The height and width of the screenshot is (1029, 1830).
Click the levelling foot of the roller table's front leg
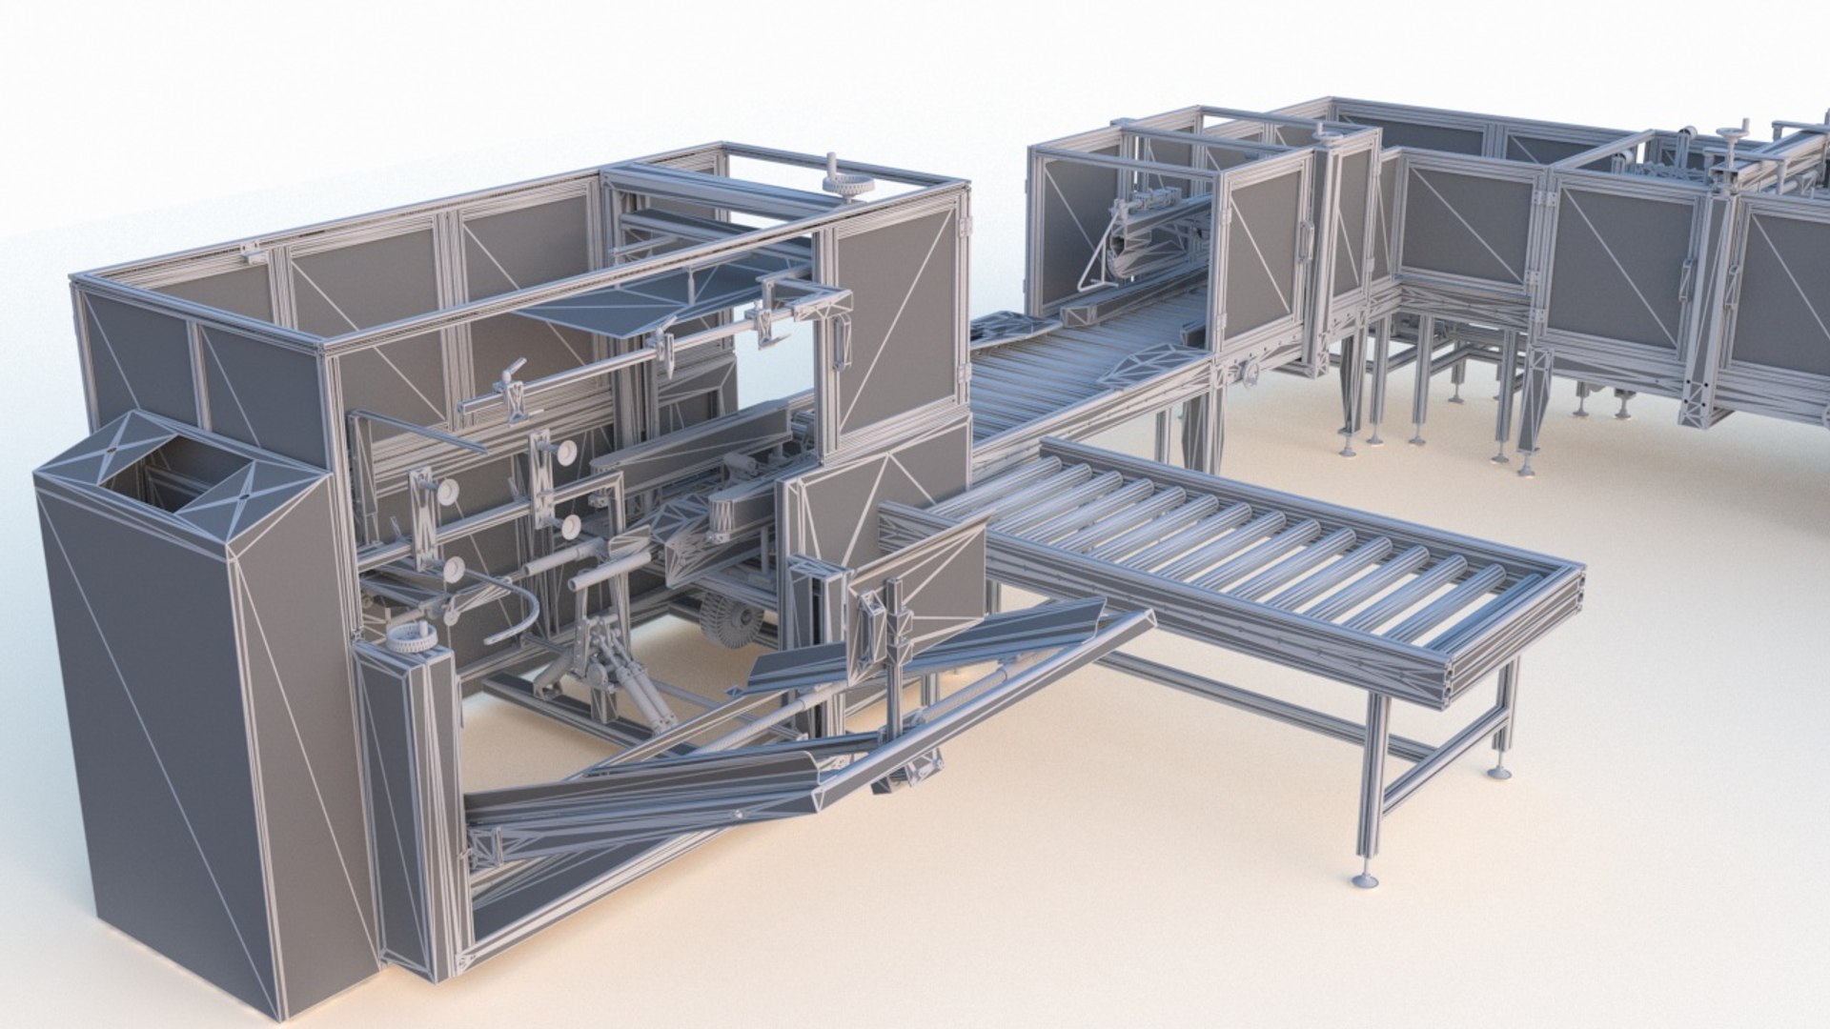click(x=1366, y=878)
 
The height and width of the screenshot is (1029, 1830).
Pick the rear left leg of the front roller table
click(x=1164, y=435)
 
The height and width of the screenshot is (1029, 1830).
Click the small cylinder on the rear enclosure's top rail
click(x=1322, y=131)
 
